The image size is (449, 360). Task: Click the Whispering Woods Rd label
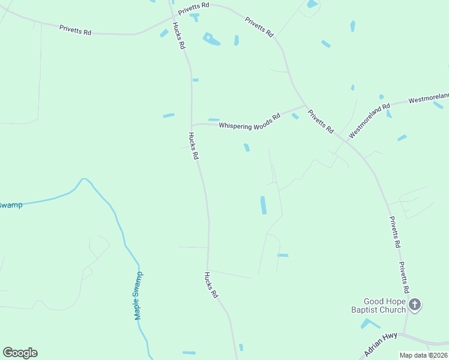click(249, 121)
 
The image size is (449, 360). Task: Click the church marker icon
click(415, 305)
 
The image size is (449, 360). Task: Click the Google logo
click(20, 353)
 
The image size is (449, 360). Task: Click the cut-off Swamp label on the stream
click(10, 205)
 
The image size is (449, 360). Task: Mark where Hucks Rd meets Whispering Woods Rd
click(191, 125)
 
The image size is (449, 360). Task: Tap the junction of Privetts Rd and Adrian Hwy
click(404, 333)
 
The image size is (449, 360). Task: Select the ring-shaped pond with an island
click(210, 39)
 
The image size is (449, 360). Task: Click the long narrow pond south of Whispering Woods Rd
click(263, 205)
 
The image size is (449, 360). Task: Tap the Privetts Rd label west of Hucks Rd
click(75, 30)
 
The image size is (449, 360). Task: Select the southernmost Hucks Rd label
click(210, 286)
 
